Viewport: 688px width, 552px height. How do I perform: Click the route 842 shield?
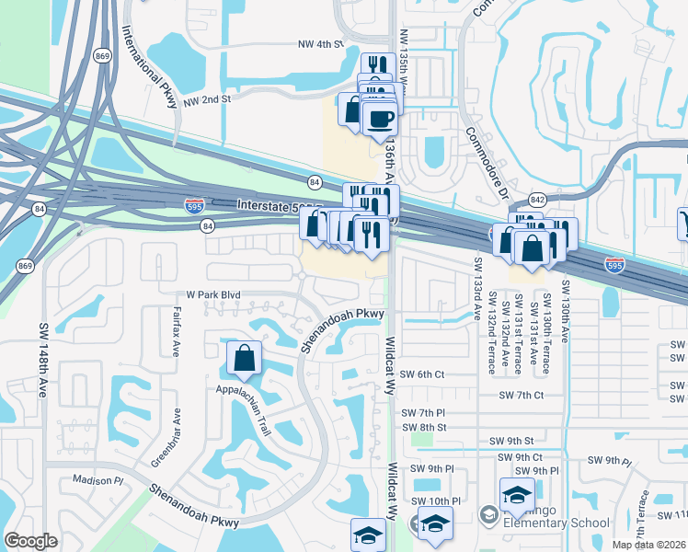[x=537, y=200]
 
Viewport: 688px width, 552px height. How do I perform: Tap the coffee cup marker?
[x=379, y=119]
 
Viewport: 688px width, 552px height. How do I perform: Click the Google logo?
[x=31, y=541]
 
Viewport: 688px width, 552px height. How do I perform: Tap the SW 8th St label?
[x=429, y=427]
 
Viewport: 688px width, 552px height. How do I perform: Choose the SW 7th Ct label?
[x=522, y=395]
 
